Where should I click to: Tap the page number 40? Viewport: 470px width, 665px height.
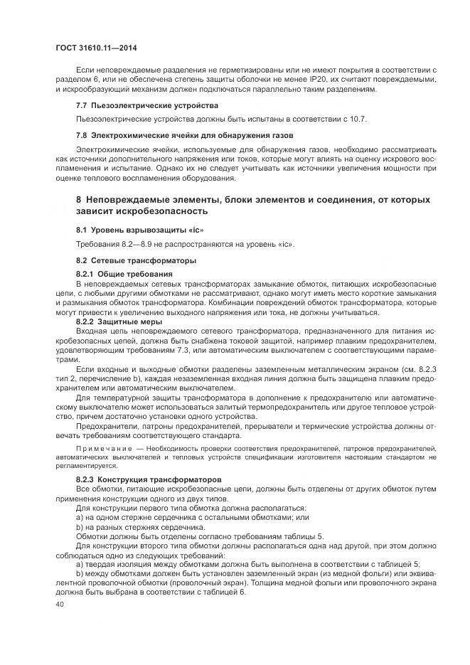(x=59, y=605)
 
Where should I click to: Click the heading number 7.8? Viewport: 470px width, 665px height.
(x=82, y=134)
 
